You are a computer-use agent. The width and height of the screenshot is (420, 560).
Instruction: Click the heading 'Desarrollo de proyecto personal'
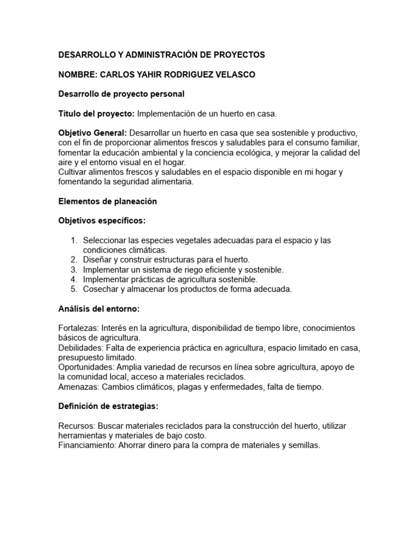(121, 94)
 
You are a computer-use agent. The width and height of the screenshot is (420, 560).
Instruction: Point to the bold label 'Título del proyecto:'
(96, 114)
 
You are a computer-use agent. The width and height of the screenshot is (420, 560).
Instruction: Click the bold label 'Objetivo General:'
(92, 133)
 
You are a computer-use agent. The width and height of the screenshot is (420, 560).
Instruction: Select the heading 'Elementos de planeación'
(108, 201)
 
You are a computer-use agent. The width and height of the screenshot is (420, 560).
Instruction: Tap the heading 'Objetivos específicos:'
(102, 221)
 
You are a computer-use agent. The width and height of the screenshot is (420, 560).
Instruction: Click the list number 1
(74, 241)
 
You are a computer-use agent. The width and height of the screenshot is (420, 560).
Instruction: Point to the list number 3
(74, 270)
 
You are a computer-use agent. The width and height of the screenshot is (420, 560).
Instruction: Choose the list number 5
(74, 289)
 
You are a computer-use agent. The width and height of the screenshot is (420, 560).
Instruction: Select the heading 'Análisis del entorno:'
(99, 309)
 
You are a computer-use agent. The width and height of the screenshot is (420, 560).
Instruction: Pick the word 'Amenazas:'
(79, 387)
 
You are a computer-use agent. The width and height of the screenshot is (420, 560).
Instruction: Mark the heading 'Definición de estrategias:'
(108, 406)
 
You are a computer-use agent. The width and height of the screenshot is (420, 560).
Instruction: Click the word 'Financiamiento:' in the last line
(89, 445)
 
